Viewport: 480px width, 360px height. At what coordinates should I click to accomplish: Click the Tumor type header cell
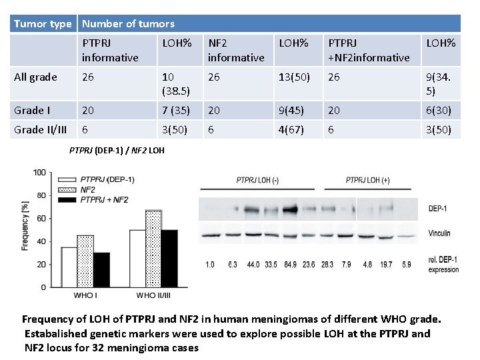[x=43, y=24]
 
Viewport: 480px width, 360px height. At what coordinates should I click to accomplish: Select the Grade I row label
[x=33, y=109]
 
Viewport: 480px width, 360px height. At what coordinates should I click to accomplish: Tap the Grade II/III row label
[x=41, y=129]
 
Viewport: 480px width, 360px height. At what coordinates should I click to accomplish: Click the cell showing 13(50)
[x=294, y=77]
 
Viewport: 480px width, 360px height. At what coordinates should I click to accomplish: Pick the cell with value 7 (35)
[x=176, y=109]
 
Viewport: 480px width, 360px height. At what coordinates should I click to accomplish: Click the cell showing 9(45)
[x=290, y=109]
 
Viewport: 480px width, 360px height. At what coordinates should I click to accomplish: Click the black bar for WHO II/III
[x=170, y=259]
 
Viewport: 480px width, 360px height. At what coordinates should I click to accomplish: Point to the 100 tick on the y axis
[x=39, y=173]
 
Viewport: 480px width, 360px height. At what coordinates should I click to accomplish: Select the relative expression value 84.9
[x=290, y=265]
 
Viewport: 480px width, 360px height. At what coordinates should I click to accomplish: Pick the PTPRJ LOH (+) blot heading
[x=367, y=180]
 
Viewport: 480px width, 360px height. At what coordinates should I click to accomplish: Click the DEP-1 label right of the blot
[x=438, y=209]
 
